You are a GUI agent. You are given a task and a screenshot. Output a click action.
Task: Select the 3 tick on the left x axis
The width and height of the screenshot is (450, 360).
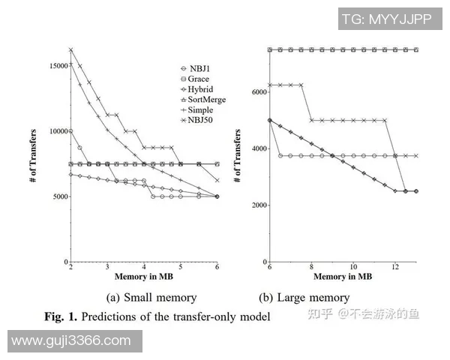point(107,268)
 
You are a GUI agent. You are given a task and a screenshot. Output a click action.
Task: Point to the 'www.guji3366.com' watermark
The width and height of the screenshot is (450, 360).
point(71,341)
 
